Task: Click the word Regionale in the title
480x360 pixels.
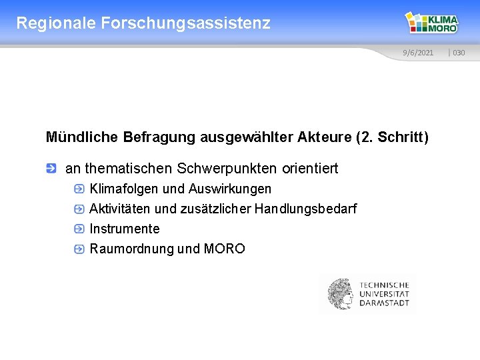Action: (x=56, y=23)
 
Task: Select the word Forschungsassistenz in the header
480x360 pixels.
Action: (x=186, y=23)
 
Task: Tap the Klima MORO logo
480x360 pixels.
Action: (x=433, y=23)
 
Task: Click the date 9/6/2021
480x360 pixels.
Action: (x=417, y=53)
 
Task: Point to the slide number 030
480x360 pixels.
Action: (x=459, y=53)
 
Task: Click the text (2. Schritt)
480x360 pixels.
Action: (x=393, y=137)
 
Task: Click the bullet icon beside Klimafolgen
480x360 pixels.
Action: (x=79, y=189)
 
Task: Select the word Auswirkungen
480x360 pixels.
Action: (x=230, y=189)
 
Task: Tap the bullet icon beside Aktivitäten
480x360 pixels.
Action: (x=79, y=209)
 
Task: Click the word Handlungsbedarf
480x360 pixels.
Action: (x=305, y=209)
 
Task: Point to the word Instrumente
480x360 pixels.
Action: (x=125, y=229)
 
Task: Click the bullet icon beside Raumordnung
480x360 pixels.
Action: (x=79, y=249)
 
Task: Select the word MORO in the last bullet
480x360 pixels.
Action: (x=224, y=249)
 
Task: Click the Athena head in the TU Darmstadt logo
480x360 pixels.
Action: (x=340, y=294)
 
